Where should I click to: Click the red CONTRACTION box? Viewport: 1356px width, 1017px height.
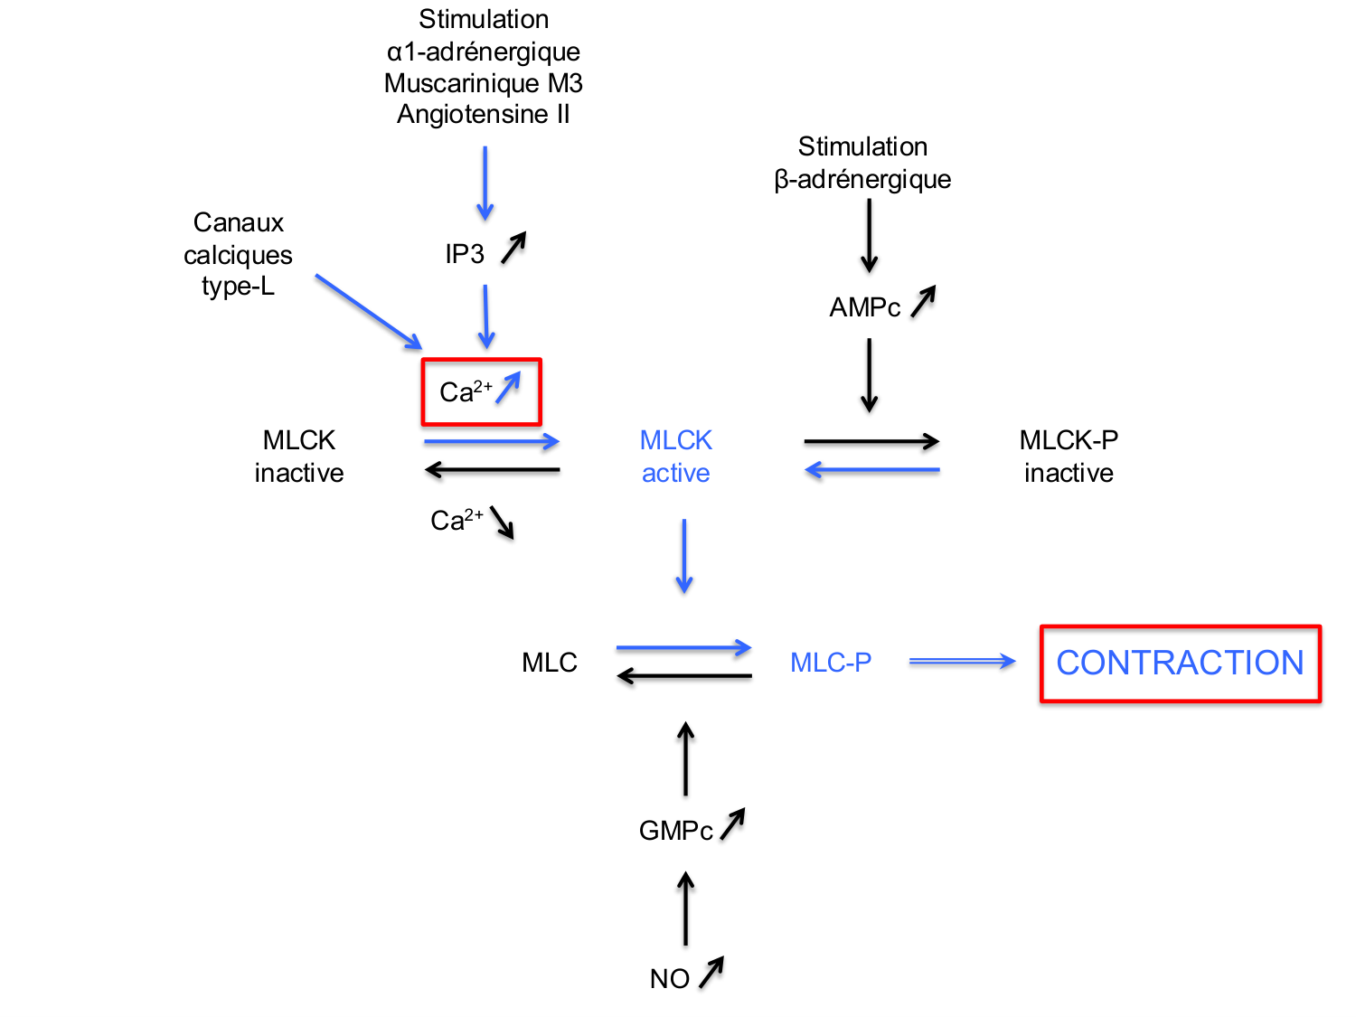coord(1180,663)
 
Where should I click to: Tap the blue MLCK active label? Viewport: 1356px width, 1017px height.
coord(675,457)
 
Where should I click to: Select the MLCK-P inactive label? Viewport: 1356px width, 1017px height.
coord(1069,457)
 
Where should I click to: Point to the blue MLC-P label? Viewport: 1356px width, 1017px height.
coord(831,663)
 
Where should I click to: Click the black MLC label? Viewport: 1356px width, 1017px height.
coord(549,663)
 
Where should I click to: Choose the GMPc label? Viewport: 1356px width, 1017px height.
coord(675,830)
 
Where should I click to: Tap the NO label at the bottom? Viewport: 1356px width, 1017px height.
coord(669,978)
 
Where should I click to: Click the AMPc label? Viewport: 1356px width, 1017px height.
coord(864,307)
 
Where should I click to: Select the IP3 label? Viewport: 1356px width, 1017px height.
coord(465,254)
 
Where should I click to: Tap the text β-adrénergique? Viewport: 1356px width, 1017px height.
coord(862,179)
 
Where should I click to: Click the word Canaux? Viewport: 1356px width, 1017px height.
coord(239,222)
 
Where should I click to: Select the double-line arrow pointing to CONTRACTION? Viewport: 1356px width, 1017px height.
coord(962,662)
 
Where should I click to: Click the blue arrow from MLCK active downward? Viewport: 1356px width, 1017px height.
coord(684,555)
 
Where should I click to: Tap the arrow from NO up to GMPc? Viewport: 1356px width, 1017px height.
coord(686,909)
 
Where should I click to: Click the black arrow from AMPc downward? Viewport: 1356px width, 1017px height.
coord(869,375)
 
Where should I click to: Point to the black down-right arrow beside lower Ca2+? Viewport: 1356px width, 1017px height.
coord(502,523)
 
